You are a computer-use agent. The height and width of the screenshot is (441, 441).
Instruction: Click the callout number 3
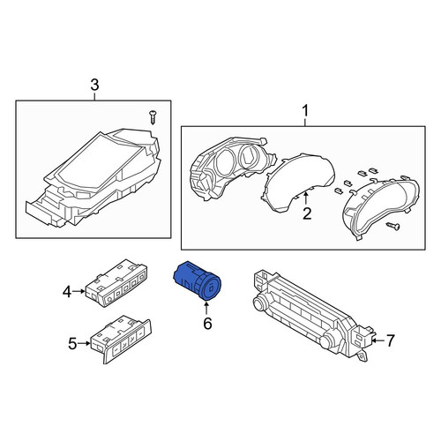click(x=94, y=86)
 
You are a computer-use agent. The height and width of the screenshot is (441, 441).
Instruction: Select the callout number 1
click(x=305, y=111)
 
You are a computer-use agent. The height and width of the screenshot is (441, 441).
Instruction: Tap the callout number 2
click(x=307, y=213)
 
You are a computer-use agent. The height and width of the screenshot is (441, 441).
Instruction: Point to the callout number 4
click(x=67, y=292)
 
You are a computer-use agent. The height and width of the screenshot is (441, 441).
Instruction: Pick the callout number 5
click(x=72, y=344)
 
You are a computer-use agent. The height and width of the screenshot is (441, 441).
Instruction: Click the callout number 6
click(x=207, y=324)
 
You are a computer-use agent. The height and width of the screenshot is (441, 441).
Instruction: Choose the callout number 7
click(x=390, y=340)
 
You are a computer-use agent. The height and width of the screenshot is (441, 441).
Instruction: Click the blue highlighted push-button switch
click(x=198, y=280)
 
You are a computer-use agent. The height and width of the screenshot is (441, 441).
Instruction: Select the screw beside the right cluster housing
click(x=393, y=226)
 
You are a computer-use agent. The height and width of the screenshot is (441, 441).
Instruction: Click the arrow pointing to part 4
click(x=78, y=291)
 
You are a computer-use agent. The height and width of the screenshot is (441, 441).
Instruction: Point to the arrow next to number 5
click(x=85, y=343)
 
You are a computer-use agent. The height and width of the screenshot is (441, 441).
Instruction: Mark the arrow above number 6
click(x=206, y=308)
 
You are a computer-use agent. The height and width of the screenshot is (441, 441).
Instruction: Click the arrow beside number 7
click(x=377, y=340)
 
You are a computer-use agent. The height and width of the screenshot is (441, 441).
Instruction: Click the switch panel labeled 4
click(x=116, y=283)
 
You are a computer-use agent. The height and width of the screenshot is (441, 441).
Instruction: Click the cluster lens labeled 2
click(x=298, y=182)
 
